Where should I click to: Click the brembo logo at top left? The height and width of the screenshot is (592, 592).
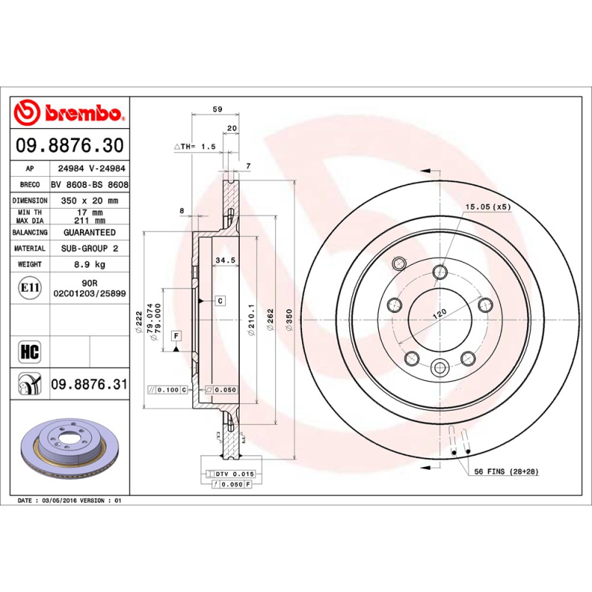(x=68, y=113)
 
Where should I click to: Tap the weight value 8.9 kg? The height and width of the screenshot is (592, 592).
(x=89, y=264)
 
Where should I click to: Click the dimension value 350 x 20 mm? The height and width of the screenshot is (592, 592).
(x=89, y=201)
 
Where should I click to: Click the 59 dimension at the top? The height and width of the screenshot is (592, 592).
(x=217, y=110)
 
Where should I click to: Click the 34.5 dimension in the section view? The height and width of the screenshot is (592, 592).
(x=224, y=260)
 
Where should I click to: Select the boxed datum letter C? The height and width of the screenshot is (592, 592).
(x=220, y=300)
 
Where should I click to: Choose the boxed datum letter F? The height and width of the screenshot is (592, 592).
(x=176, y=336)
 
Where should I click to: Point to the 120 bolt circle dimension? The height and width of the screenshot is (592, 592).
(x=440, y=314)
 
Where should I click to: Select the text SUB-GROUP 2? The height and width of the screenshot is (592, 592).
(x=89, y=249)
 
